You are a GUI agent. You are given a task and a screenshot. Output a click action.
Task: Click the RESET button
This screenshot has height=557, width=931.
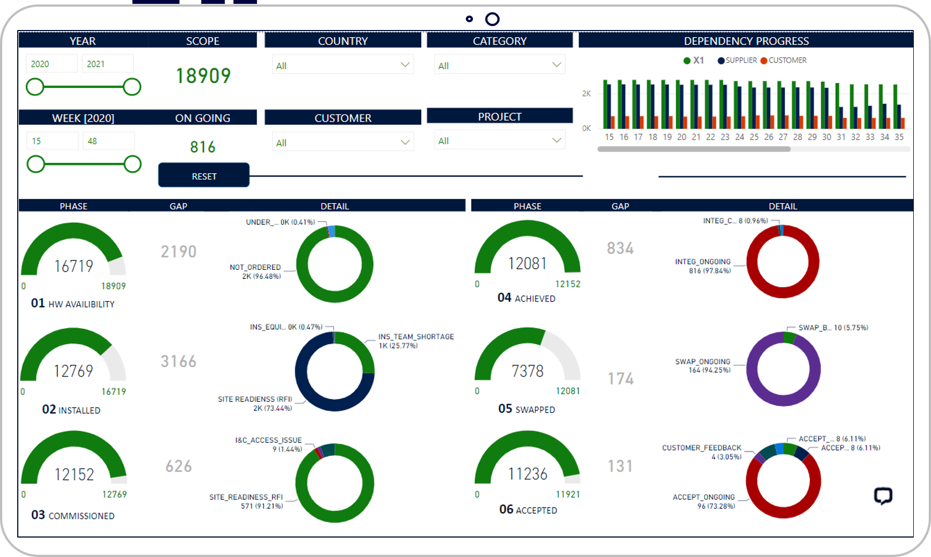[x=204, y=175]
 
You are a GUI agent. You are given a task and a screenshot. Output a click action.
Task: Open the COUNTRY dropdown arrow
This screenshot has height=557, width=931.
[x=405, y=65]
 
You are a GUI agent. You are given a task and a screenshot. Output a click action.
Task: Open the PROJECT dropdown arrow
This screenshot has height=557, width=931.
[x=556, y=140]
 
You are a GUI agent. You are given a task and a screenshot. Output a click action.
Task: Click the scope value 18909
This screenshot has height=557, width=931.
[x=203, y=76]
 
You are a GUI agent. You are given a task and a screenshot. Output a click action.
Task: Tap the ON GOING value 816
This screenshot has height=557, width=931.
[x=203, y=147]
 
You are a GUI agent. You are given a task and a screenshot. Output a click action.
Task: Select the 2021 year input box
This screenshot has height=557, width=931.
[x=108, y=64]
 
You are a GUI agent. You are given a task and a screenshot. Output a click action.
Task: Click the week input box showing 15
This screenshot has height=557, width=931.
[x=52, y=141]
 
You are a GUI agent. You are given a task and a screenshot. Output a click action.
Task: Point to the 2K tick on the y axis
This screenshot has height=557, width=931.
[x=586, y=93]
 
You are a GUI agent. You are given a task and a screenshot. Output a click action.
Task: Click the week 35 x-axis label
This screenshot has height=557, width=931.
[x=899, y=137]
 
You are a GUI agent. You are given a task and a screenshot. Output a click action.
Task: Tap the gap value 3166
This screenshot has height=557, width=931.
[x=179, y=362]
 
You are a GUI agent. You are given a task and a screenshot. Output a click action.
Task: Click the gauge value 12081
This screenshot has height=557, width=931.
[x=527, y=263]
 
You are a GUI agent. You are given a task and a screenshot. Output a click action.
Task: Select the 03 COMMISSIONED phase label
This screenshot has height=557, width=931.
[x=73, y=515]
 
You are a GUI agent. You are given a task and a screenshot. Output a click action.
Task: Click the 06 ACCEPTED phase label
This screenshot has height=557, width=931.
[x=528, y=510]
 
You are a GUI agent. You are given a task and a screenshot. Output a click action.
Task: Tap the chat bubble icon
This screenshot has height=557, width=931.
[x=883, y=495]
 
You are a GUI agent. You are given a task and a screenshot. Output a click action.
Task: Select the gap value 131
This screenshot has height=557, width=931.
[x=620, y=466]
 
